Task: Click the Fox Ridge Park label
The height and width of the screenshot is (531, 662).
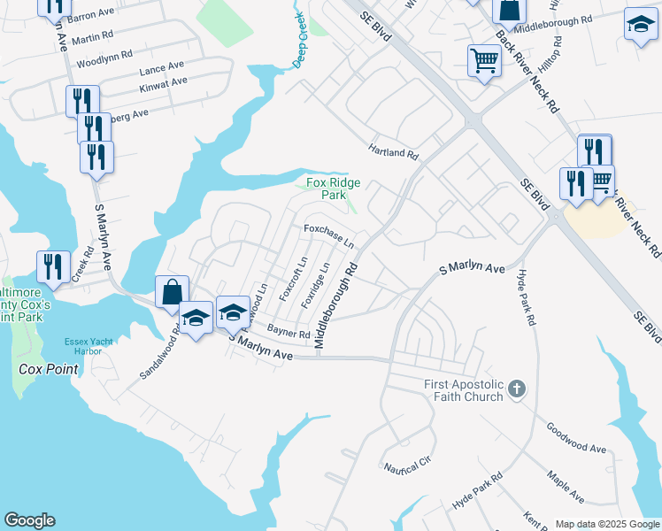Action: [332, 189]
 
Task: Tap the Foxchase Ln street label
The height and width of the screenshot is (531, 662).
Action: [329, 235]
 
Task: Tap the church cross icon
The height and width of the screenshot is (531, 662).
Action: [519, 389]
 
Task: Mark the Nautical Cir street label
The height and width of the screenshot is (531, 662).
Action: [405, 466]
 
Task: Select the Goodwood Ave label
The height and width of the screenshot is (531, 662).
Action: [576, 437]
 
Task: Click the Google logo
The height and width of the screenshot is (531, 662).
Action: [29, 520]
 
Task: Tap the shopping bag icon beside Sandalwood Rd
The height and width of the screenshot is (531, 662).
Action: [172, 292]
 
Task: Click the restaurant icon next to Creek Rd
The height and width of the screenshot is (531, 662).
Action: [53, 266]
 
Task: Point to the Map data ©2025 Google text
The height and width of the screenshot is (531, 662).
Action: [606, 524]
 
